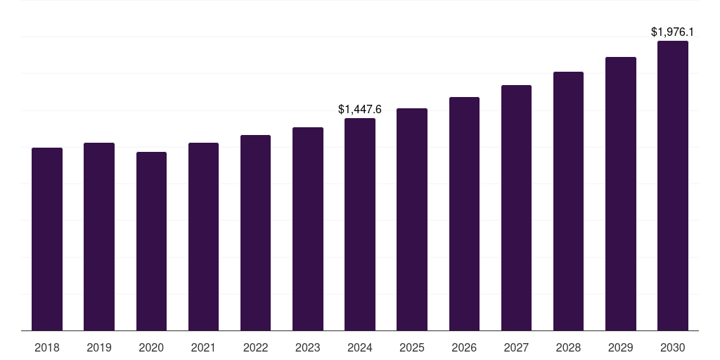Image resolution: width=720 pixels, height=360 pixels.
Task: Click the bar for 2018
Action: click(x=47, y=239)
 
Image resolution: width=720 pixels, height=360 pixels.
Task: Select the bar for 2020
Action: click(x=151, y=241)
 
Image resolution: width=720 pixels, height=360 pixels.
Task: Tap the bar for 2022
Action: click(x=255, y=233)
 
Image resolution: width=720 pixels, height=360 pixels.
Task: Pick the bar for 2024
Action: click(x=360, y=224)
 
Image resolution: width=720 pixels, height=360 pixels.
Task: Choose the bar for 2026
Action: click(x=464, y=214)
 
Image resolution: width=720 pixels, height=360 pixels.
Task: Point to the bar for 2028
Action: click(x=568, y=201)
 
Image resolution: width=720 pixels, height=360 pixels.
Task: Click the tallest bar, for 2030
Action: click(x=673, y=186)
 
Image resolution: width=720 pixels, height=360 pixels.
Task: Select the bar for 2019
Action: click(x=99, y=236)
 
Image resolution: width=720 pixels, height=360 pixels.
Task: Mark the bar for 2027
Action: click(x=516, y=207)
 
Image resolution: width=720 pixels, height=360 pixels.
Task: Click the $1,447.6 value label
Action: click(x=360, y=109)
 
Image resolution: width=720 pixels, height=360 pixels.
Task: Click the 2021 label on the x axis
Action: click(x=203, y=347)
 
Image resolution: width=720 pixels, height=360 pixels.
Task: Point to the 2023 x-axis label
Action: click(x=307, y=347)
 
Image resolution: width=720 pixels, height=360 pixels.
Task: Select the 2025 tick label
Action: click(x=412, y=347)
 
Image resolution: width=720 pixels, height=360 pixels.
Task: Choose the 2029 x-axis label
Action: click(x=620, y=347)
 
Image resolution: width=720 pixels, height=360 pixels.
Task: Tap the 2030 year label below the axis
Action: click(x=673, y=347)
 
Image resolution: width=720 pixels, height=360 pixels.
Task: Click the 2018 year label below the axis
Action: click(x=47, y=347)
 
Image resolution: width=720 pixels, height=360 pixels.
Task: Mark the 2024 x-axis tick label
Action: click(x=360, y=347)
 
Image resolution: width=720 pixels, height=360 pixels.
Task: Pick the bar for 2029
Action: click(x=620, y=193)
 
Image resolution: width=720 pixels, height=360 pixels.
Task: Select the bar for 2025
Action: click(x=412, y=219)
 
